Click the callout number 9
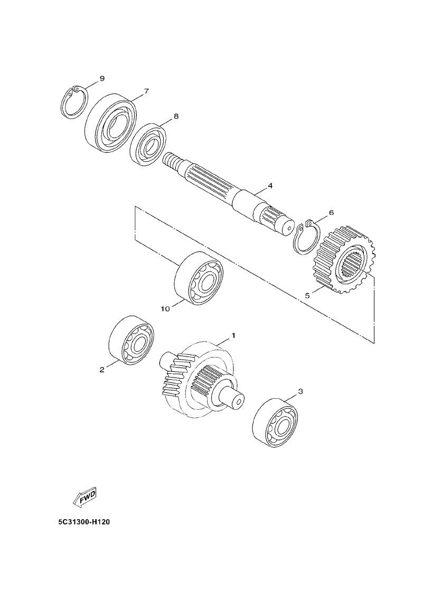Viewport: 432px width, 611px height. tap(102, 78)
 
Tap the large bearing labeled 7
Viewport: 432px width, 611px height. tap(110, 121)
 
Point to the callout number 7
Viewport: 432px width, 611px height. tap(146, 91)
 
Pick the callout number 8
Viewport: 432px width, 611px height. tap(176, 116)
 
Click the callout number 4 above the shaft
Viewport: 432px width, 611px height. tap(270, 185)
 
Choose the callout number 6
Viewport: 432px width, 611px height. tap(331, 212)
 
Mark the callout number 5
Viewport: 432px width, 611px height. tap(307, 296)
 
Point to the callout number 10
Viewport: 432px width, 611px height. tap(165, 309)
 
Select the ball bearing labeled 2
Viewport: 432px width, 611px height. tap(130, 339)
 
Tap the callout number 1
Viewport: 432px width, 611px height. tap(233, 335)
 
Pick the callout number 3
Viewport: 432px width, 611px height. tap(300, 391)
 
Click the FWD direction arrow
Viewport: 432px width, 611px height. tap(84, 496)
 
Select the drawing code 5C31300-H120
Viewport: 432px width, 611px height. tap(84, 522)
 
